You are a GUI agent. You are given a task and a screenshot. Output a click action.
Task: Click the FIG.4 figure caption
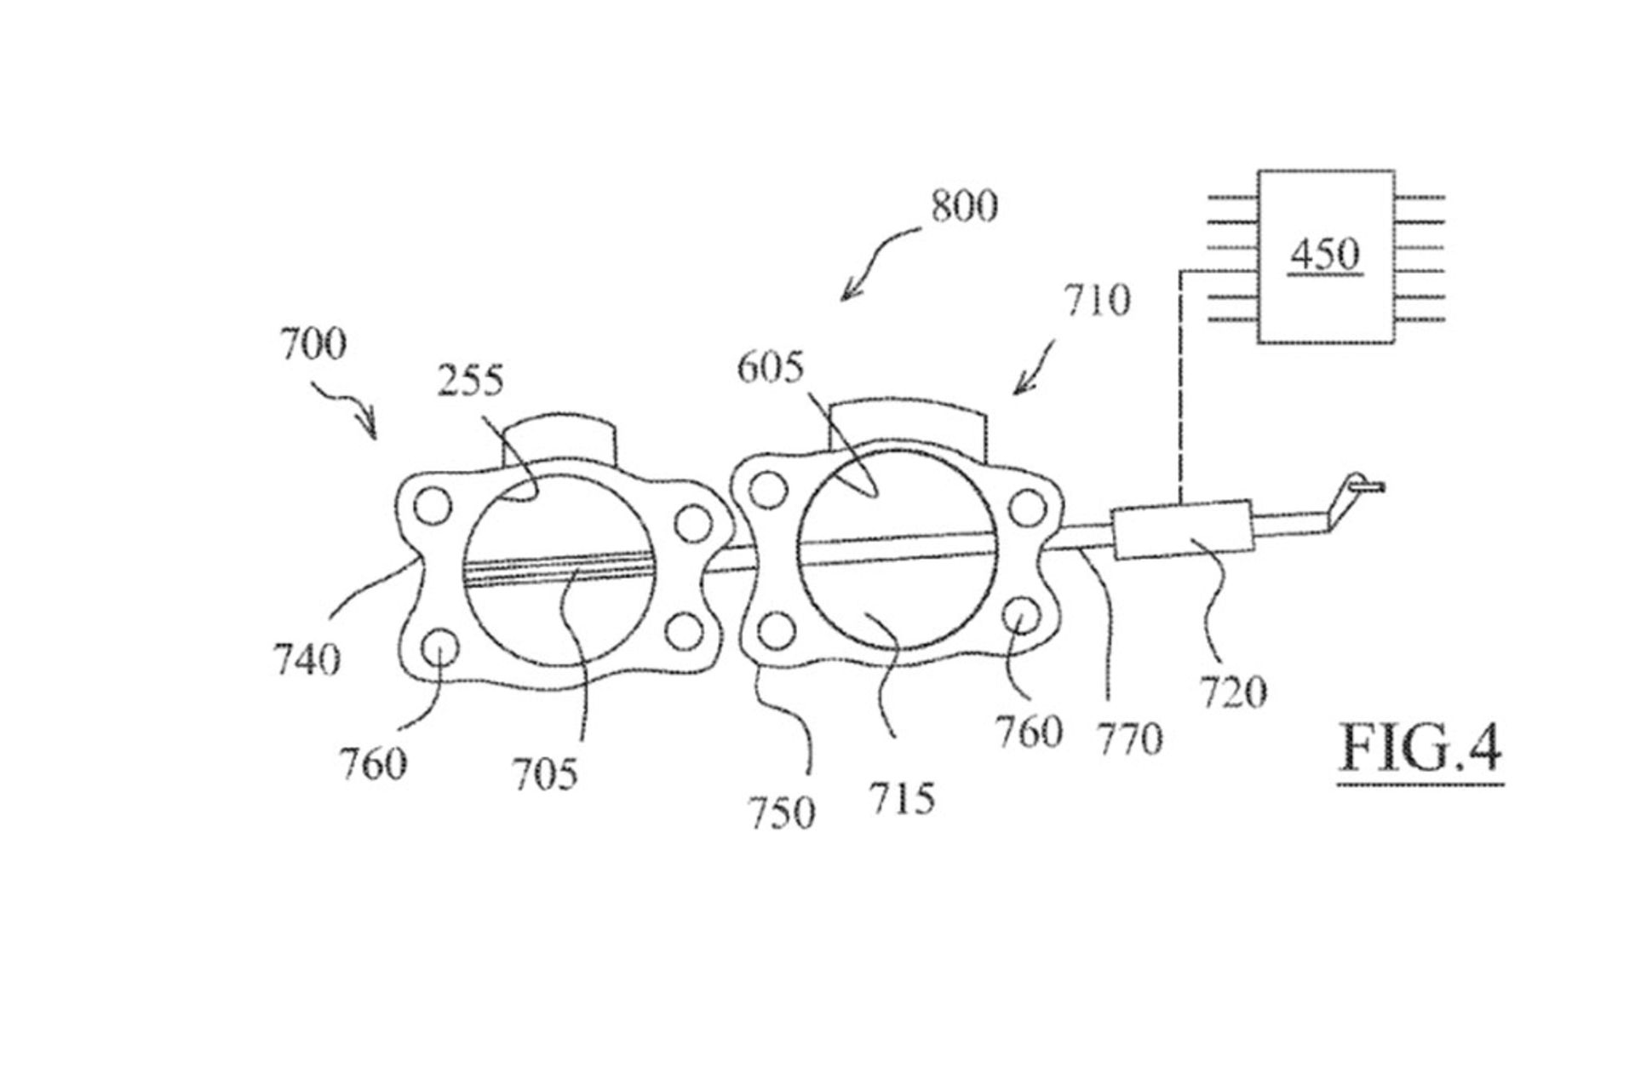pos(1420,747)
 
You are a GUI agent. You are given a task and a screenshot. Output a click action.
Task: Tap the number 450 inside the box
pos(1325,254)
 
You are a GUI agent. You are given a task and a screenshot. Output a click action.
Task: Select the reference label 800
pos(963,206)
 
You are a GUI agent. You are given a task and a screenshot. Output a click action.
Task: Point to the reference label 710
pos(1097,301)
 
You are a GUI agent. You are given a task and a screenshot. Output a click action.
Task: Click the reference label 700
pos(313,344)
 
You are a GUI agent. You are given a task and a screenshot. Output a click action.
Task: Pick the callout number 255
pos(470,380)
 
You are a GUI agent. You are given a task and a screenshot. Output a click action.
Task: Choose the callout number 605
pos(770,368)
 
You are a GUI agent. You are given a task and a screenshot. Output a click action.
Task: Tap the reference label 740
pos(307,658)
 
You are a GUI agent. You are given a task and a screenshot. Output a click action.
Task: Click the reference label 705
pos(544,773)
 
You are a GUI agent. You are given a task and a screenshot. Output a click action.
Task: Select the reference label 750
pos(781,812)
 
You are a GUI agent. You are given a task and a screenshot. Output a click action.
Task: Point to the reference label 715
pos(901,798)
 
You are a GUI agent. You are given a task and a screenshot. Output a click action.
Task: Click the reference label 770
pos(1129,738)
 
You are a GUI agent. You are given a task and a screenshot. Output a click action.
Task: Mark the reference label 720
pos(1233,692)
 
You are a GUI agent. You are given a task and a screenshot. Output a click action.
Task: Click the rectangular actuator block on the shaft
pos(1181,531)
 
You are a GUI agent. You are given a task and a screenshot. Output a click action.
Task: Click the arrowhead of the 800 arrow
pos(846,296)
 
